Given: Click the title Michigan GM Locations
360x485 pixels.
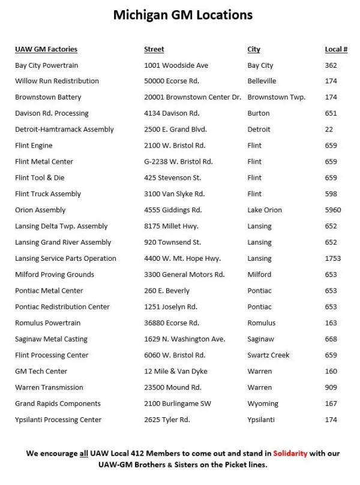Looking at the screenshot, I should coord(183,15).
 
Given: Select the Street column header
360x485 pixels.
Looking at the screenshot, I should coord(154,49).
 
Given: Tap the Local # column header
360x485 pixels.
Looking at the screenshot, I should coord(336,49).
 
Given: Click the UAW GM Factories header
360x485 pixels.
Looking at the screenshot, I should coord(46,49).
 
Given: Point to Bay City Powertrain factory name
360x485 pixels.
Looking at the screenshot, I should coord(46,65).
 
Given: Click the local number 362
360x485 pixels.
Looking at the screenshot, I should coord(331,65).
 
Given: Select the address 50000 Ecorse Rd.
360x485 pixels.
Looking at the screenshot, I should coord(172,81).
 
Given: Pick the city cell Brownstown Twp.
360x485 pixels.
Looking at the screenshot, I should coord(276,97).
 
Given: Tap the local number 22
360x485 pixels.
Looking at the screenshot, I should coord(329,129).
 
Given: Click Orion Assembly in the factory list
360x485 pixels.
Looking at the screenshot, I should coord(40,210).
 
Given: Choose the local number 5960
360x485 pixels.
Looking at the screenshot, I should coord(332,210).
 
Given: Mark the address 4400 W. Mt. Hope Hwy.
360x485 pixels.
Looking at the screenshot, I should coord(182,258).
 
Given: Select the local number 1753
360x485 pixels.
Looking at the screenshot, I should coord(332,258).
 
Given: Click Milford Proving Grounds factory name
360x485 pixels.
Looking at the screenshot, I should coord(55,275).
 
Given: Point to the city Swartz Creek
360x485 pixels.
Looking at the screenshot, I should coord(268,355).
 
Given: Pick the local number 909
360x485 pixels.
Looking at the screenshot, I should coord(331,387).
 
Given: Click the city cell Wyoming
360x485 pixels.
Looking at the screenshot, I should coord(263,403).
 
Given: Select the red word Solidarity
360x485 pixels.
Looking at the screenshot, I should coord(290,453).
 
